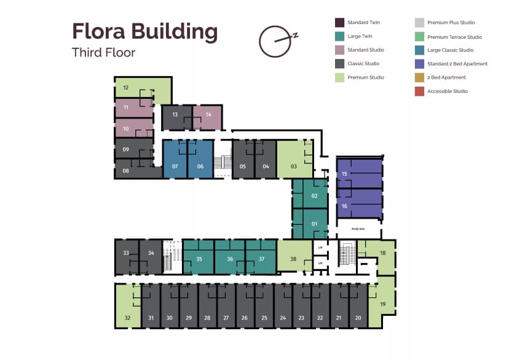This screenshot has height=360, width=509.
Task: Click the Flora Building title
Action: [x=144, y=31]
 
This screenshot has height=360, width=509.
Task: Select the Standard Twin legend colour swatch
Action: [x=339, y=23]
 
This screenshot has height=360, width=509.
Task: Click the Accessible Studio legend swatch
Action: [x=419, y=92]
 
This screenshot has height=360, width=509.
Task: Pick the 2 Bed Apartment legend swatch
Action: [x=419, y=77]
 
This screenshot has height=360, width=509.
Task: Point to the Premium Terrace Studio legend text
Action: [x=454, y=37]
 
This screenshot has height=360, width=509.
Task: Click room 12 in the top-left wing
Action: [x=126, y=88]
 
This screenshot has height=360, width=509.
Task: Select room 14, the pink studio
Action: [x=208, y=115]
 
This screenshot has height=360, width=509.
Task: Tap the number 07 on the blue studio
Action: [x=175, y=166]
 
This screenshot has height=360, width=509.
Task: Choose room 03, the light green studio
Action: [x=294, y=166]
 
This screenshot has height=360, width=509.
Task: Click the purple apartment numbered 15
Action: [x=344, y=174]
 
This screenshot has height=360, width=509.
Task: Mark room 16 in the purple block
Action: [x=344, y=206]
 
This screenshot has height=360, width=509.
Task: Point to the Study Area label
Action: [x=358, y=229]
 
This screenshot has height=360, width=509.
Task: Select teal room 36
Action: [x=230, y=259]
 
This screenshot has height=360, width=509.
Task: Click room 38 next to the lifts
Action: [x=293, y=259]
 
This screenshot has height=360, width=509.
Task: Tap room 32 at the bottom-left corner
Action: [x=128, y=318]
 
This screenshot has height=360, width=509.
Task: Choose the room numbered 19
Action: [x=382, y=304]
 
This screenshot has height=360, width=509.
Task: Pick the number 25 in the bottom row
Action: [x=264, y=318]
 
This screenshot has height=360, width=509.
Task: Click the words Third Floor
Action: [x=103, y=52]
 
